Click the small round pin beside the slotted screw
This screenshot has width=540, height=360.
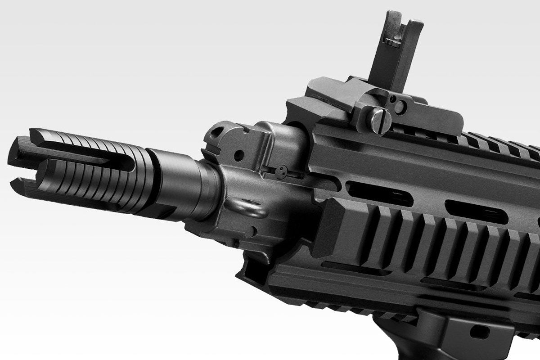pos(399,107)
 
